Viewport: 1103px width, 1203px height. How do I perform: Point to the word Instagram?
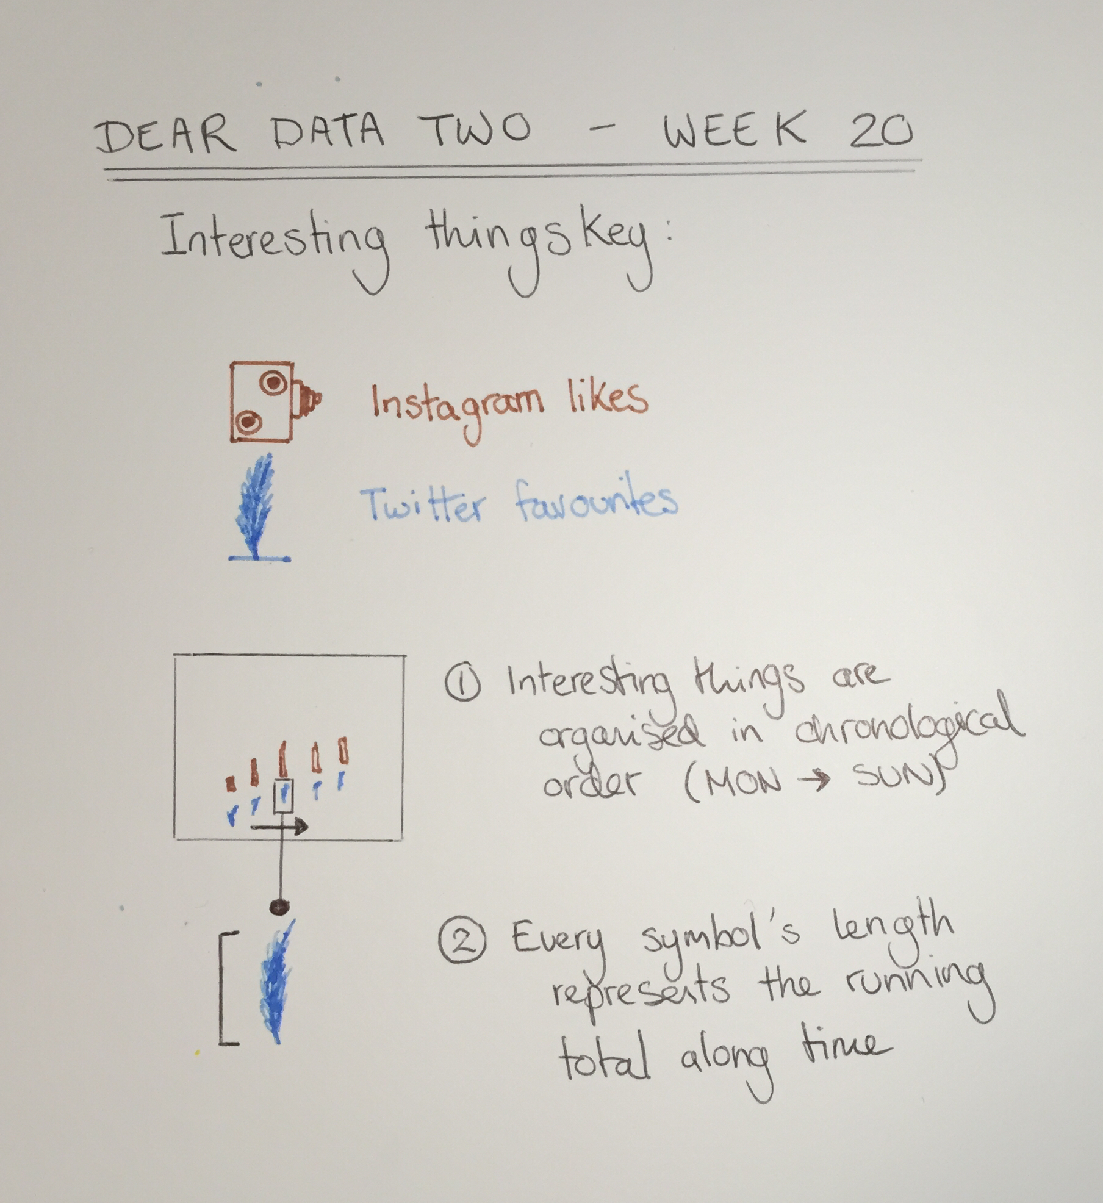[x=457, y=406]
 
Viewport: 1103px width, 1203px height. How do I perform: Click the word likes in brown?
[x=607, y=400]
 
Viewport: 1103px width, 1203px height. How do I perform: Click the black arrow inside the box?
[x=279, y=827]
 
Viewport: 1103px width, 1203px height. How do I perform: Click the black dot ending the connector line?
[x=279, y=907]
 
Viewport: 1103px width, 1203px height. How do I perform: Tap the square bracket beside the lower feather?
[x=228, y=989]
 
